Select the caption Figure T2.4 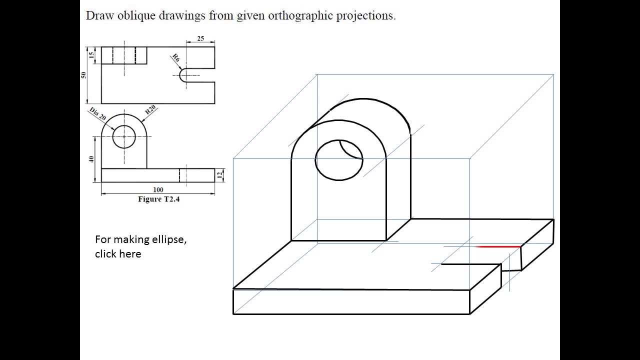[158, 199]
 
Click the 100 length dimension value [158, 190]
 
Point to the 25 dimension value [200, 38]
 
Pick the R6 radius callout [175, 58]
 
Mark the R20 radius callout [150, 111]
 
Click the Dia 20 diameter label [98, 114]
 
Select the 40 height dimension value [91, 159]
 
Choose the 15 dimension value [91, 55]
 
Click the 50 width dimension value [84, 75]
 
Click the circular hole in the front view [124, 136]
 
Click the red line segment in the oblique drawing [498, 246]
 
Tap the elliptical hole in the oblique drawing [338, 160]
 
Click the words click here [118, 254]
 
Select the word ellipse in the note [169, 239]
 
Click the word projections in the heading [365, 15]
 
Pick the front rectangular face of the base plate [351, 301]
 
